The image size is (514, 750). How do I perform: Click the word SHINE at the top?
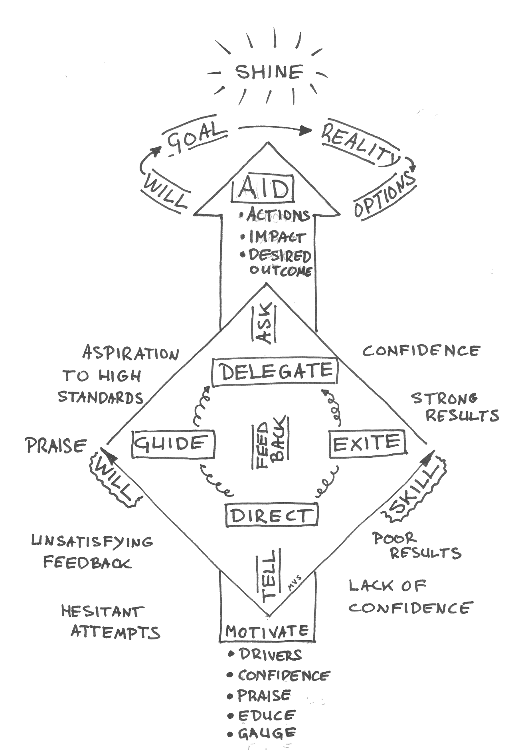pyautogui.click(x=269, y=72)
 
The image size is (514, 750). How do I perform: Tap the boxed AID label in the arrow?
pyautogui.click(x=263, y=189)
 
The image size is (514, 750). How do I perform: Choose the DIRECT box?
pyautogui.click(x=271, y=515)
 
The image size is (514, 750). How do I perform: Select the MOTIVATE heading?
pyautogui.click(x=267, y=631)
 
